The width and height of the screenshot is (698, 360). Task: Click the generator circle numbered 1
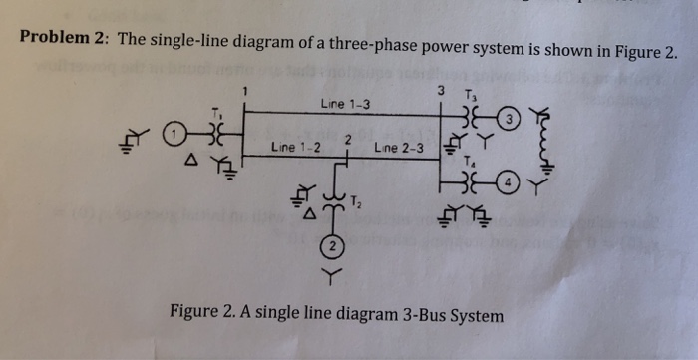pyautogui.click(x=174, y=131)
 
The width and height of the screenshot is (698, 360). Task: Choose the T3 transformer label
pyautogui.click(x=472, y=95)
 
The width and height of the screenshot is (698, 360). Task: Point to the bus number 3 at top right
pyautogui.click(x=440, y=91)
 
